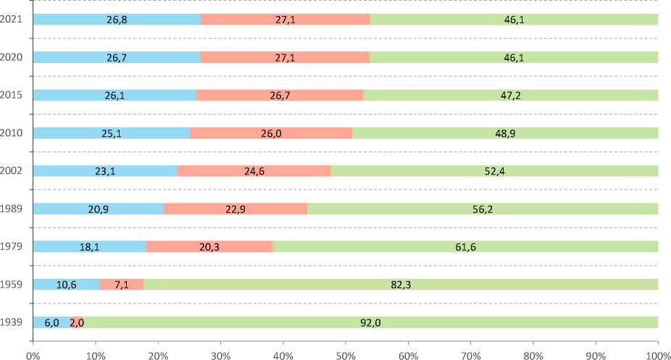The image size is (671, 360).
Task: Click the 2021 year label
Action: pos(13,19)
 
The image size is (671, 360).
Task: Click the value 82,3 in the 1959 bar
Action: pos(401,285)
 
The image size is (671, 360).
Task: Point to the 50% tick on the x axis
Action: pos(346,355)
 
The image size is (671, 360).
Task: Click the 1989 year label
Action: pos(13,209)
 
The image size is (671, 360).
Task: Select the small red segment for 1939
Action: pos(77,322)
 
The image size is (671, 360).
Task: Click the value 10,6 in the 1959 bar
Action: pos(67,285)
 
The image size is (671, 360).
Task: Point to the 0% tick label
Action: pos(33,355)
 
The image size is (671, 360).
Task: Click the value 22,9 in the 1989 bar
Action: pos(236,209)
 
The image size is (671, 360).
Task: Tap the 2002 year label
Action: pos(13,171)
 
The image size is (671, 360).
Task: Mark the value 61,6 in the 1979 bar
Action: pos(465,247)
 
